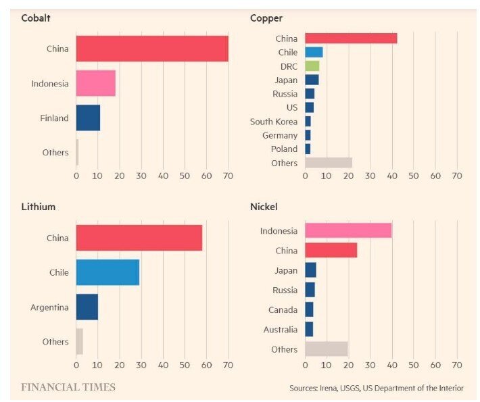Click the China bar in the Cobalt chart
click(x=152, y=49)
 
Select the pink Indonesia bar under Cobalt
click(x=95, y=83)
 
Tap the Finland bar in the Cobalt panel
click(x=88, y=118)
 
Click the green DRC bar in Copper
click(x=312, y=66)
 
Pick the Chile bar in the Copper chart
click(x=314, y=52)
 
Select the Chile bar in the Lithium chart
click(x=107, y=272)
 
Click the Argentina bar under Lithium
click(x=87, y=307)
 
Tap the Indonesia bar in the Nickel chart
click(x=348, y=231)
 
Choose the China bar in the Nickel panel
click(x=331, y=250)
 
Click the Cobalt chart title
click(x=36, y=18)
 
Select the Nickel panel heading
click(x=264, y=206)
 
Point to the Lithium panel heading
click(x=39, y=206)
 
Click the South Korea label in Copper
click(x=273, y=122)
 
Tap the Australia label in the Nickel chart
click(x=280, y=330)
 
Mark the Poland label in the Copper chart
click(x=284, y=149)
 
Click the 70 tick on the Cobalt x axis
click(x=228, y=176)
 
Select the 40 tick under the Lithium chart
click(x=163, y=366)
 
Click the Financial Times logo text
click(x=68, y=387)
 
